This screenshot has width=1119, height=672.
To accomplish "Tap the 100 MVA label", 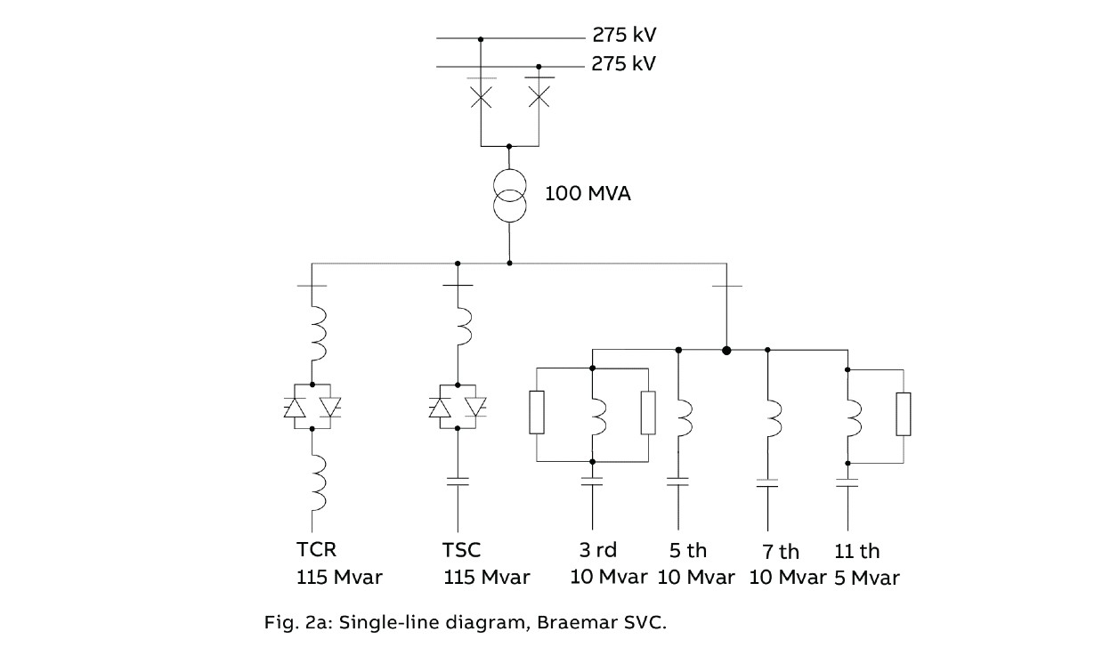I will click(x=588, y=193).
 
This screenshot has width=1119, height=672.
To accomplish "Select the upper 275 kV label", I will click(x=624, y=36).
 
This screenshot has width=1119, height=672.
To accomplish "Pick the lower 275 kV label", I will click(x=624, y=64).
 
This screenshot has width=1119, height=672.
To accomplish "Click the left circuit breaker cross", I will click(x=481, y=96).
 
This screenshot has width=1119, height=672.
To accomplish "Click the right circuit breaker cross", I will click(x=539, y=96).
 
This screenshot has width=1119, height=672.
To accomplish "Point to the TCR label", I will click(x=316, y=549).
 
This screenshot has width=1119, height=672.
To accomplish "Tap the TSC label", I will click(x=462, y=549).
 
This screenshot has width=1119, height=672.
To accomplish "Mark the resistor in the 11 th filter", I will click(x=904, y=414).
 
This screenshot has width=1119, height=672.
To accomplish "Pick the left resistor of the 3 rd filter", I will click(x=536, y=412).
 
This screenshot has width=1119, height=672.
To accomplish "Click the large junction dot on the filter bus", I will click(x=726, y=350).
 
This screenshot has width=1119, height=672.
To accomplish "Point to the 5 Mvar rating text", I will click(x=866, y=578).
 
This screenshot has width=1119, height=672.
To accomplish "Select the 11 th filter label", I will click(x=857, y=551).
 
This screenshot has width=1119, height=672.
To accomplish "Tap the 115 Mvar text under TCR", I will click(x=339, y=577).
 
